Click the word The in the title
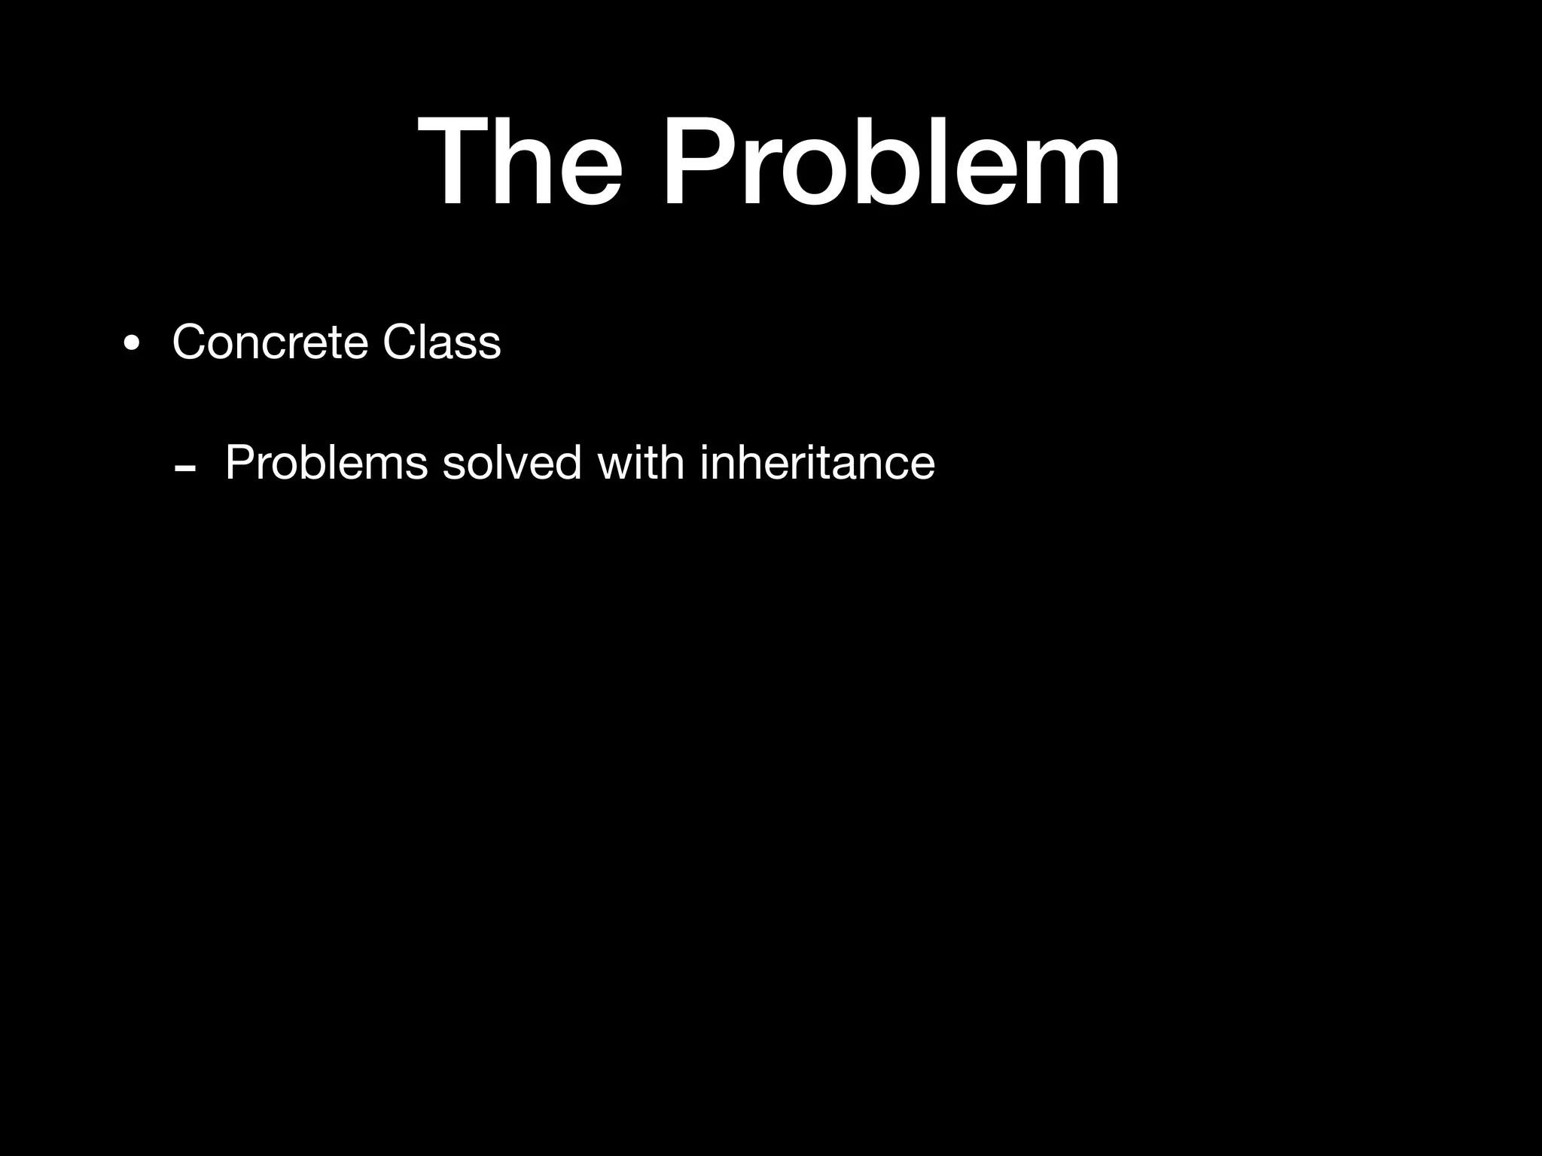click(520, 161)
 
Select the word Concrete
click(270, 342)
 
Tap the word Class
click(441, 342)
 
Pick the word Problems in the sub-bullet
click(326, 462)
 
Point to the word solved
click(512, 462)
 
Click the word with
click(641, 462)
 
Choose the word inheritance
click(817, 462)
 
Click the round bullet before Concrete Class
click(132, 344)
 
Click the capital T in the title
click(455, 161)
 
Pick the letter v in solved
click(526, 467)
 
